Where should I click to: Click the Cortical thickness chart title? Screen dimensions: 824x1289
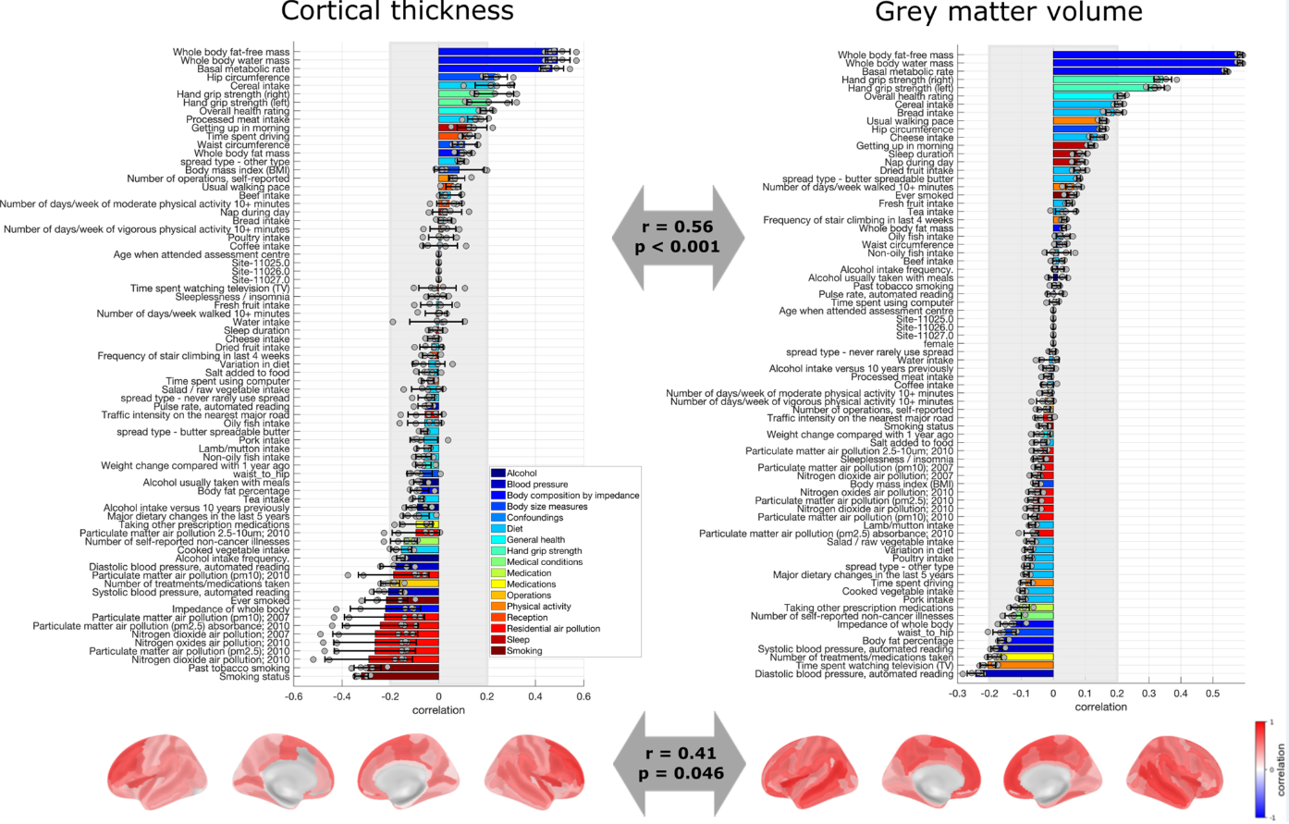tap(397, 12)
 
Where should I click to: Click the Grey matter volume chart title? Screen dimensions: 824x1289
tap(1008, 12)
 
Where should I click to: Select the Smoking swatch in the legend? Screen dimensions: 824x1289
tap(497, 651)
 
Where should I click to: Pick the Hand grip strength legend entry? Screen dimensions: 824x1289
tap(544, 551)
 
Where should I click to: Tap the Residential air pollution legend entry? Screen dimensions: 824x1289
tap(553, 629)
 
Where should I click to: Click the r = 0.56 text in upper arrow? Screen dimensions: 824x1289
tap(679, 228)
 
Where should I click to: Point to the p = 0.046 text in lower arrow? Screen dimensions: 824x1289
tap(680, 773)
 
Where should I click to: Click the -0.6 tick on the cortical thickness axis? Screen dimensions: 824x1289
tap(294, 696)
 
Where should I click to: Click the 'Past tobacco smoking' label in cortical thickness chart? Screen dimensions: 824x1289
tap(239, 669)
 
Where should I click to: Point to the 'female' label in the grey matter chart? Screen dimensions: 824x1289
tap(938, 344)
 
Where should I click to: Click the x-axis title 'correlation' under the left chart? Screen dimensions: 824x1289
tap(438, 710)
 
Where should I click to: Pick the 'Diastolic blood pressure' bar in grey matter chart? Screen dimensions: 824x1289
tap(1009, 674)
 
